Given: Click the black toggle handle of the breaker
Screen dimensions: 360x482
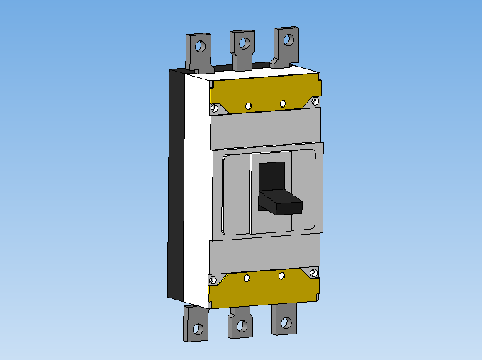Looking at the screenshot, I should [x=280, y=202].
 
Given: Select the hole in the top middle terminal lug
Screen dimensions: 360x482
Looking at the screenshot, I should [x=244, y=43].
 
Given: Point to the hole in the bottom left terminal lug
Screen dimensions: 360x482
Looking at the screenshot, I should [x=198, y=330].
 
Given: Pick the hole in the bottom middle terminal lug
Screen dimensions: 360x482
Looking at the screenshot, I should [x=242, y=326].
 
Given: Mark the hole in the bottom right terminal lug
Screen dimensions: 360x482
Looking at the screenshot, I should [x=285, y=322].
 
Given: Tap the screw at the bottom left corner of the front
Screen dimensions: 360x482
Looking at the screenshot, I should [x=213, y=281].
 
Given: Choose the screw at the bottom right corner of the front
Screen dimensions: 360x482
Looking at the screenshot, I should [x=313, y=272].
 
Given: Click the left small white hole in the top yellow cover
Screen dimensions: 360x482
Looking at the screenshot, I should [x=248, y=106].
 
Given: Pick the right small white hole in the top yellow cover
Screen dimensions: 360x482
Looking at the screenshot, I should [x=283, y=103].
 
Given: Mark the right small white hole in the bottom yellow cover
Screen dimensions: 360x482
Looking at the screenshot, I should [x=281, y=275].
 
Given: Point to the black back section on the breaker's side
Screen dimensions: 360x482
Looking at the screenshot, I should [x=176, y=184].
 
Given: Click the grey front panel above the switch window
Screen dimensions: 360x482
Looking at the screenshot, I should [x=266, y=128].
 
